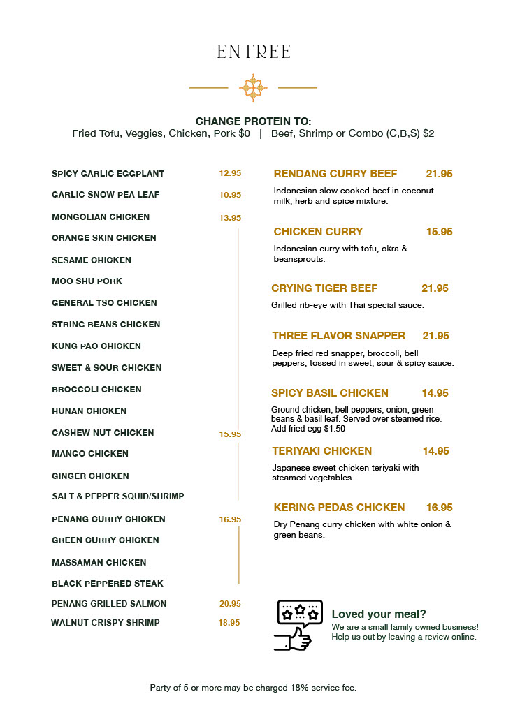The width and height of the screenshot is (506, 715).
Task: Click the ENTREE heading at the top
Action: (x=253, y=52)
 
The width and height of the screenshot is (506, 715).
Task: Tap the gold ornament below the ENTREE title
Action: (x=253, y=87)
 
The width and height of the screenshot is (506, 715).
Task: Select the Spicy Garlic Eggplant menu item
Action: (x=108, y=174)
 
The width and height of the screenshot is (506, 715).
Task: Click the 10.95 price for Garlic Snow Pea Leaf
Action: (x=230, y=196)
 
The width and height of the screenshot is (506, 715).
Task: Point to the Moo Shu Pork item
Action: (x=87, y=281)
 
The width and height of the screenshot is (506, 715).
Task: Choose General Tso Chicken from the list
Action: (x=104, y=303)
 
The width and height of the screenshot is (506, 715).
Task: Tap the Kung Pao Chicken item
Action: (x=96, y=346)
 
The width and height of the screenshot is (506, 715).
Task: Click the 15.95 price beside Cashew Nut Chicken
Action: (x=230, y=434)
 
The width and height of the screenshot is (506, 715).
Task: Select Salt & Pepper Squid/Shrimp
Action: (x=117, y=496)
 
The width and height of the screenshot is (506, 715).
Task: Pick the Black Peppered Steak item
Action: (x=108, y=584)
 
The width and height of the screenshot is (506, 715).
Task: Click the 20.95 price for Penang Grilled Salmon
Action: (x=230, y=604)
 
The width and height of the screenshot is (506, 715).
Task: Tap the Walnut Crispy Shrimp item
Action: (x=106, y=623)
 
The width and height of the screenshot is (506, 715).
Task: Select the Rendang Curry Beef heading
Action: (x=335, y=174)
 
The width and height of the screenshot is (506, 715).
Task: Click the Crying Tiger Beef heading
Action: (x=324, y=288)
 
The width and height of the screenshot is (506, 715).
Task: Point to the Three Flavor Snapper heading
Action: (x=339, y=336)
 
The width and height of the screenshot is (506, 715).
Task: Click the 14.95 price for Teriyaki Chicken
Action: (x=435, y=451)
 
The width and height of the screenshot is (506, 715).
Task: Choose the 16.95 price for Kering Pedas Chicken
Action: (x=440, y=508)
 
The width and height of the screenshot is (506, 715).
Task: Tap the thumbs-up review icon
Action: (x=299, y=625)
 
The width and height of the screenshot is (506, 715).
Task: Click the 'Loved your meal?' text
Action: (x=379, y=614)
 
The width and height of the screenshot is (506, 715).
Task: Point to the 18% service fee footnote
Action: (x=253, y=688)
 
